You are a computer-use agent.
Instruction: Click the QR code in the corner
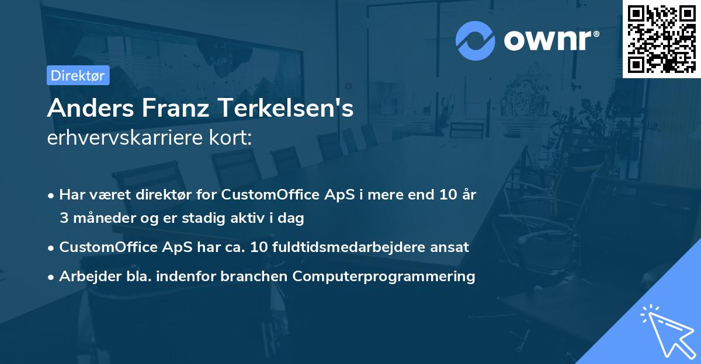tap(662, 38)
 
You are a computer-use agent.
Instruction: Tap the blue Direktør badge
tap(78, 75)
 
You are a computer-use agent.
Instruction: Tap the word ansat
tap(450, 247)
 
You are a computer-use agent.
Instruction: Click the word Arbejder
tap(85, 276)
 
